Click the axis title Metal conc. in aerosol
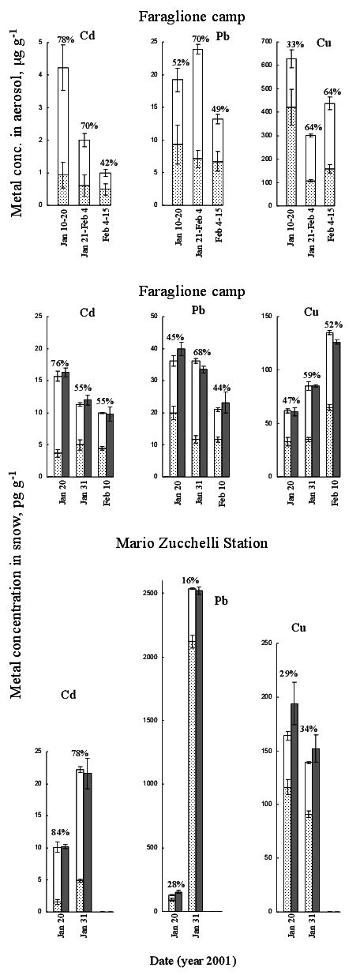pos(17,118)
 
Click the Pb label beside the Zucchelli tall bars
pos(222,600)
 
